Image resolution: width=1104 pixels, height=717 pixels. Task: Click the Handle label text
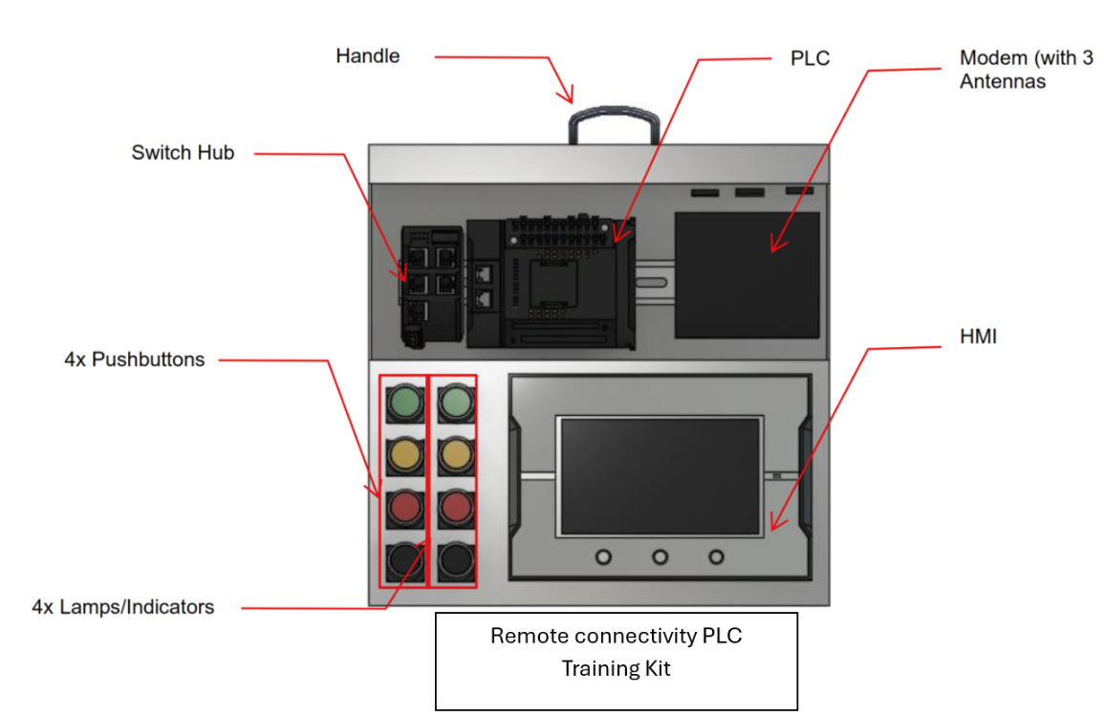click(x=367, y=56)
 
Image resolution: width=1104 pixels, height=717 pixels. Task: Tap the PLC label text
click(x=810, y=59)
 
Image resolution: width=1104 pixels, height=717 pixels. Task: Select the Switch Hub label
click(x=183, y=153)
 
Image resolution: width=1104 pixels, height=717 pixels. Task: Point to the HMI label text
click(x=976, y=336)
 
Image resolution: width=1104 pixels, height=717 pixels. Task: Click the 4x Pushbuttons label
click(x=135, y=360)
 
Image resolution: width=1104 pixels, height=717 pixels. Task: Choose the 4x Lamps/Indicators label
click(x=122, y=607)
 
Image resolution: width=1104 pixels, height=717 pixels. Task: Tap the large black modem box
click(x=747, y=274)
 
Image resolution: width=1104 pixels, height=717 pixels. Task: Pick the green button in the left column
click(x=404, y=402)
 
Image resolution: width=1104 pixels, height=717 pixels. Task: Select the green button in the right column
click(x=456, y=402)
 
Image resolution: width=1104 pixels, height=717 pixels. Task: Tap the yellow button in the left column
click(x=404, y=454)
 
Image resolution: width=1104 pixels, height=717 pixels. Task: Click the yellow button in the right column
click(x=456, y=454)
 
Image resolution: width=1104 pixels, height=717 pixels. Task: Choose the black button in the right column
click(x=456, y=558)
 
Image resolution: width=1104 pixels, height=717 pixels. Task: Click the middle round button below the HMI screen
click(x=660, y=556)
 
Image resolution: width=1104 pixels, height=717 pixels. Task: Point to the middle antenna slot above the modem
click(x=749, y=192)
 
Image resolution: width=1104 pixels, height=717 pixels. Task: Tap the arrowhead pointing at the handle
click(x=569, y=97)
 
